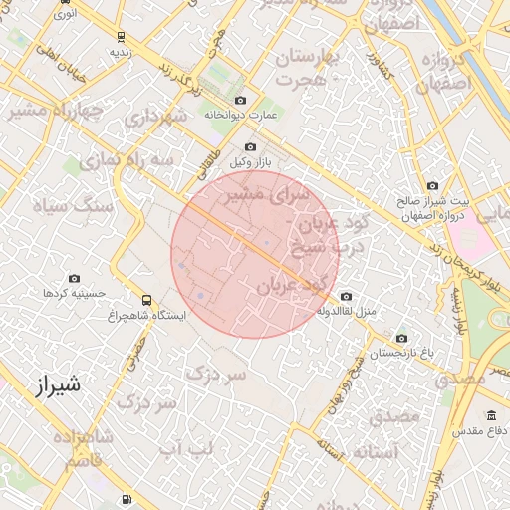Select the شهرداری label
(x=156, y=118)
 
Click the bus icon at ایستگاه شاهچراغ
(x=147, y=299)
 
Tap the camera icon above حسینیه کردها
(x=73, y=279)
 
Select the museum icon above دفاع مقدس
(x=491, y=415)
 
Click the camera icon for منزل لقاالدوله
(x=346, y=296)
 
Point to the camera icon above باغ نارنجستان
(x=401, y=338)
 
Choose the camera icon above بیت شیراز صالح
(x=432, y=185)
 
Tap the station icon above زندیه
(x=121, y=36)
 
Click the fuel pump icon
(x=126, y=500)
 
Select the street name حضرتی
(x=135, y=354)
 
